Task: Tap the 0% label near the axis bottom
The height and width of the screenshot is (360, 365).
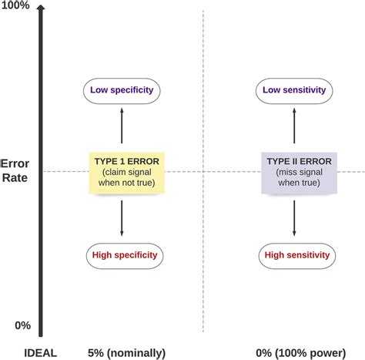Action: (22, 325)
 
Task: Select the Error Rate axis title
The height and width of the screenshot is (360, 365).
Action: (15, 171)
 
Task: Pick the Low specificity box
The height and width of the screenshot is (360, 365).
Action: (122, 90)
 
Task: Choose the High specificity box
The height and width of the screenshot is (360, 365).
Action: (122, 255)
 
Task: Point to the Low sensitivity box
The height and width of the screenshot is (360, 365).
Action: (294, 90)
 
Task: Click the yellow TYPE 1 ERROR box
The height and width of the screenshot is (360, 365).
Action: (122, 171)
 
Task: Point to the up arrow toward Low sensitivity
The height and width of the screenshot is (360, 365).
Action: (294, 126)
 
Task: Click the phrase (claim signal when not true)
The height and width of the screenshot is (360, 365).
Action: (122, 178)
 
